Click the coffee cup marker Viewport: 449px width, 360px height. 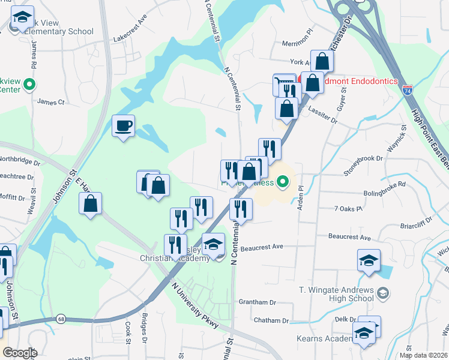pos(124,126)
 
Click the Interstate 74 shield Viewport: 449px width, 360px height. pos(408,91)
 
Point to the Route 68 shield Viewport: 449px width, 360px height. pos(61,319)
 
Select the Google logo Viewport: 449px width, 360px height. pos(19,352)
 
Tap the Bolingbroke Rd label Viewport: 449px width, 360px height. pos(385,193)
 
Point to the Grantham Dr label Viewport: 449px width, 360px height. pos(257,302)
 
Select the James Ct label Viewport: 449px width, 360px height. pos(51,103)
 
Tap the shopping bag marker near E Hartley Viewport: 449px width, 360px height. pos(90,204)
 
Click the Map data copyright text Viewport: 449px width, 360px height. pos(423,355)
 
